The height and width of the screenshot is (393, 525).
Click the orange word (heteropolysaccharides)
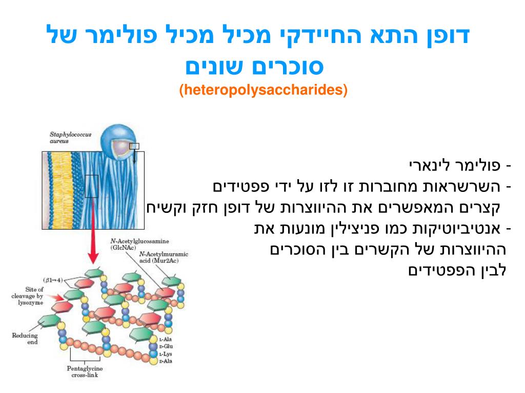(x=263, y=90)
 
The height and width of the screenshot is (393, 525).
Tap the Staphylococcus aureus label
(x=70, y=137)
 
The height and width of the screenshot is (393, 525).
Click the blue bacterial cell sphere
(x=117, y=143)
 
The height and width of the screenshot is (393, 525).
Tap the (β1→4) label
(x=53, y=280)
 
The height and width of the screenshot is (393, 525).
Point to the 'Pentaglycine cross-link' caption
(x=85, y=371)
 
